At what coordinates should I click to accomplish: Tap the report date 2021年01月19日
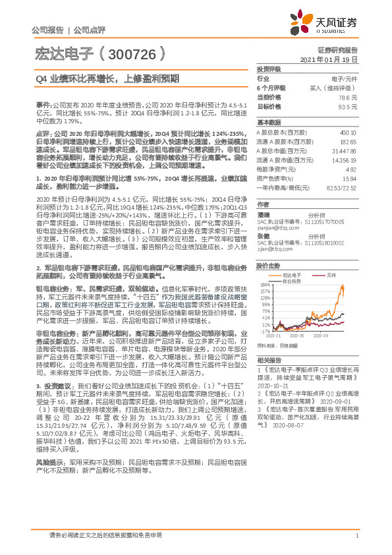329,59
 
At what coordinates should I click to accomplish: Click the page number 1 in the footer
356,535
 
